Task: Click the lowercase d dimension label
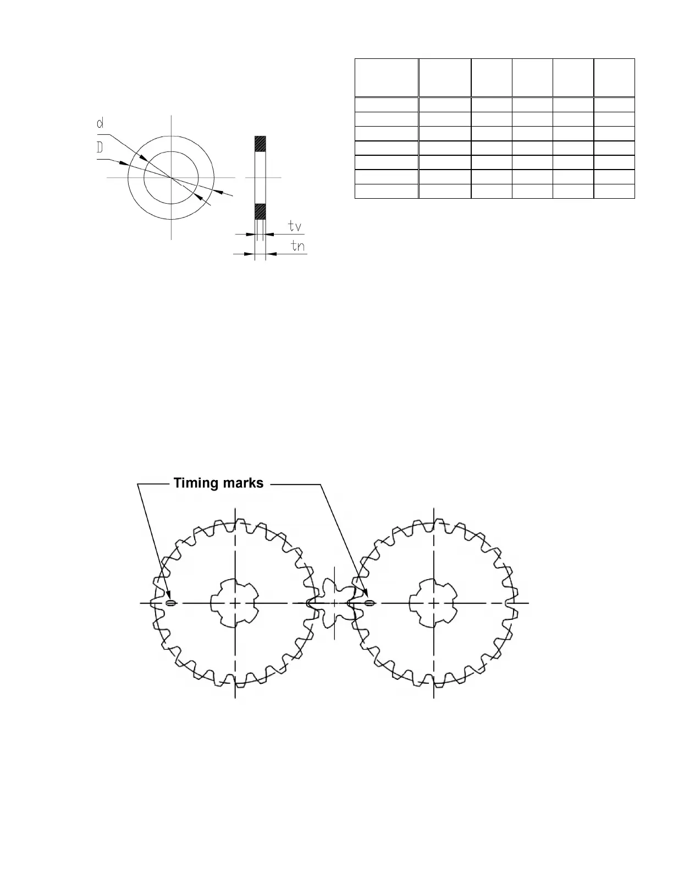[100, 123]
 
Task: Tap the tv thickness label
[295, 226]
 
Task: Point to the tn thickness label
[297, 246]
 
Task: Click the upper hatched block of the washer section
[260, 144]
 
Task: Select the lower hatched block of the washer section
[260, 211]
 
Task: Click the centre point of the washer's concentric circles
[172, 178]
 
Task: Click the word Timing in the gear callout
[195, 483]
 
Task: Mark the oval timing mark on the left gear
[170, 603]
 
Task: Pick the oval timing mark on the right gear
[369, 603]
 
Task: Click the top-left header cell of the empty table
[387, 78]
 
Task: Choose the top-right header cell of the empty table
[614, 78]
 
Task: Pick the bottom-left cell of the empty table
[387, 191]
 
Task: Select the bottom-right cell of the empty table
[614, 191]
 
